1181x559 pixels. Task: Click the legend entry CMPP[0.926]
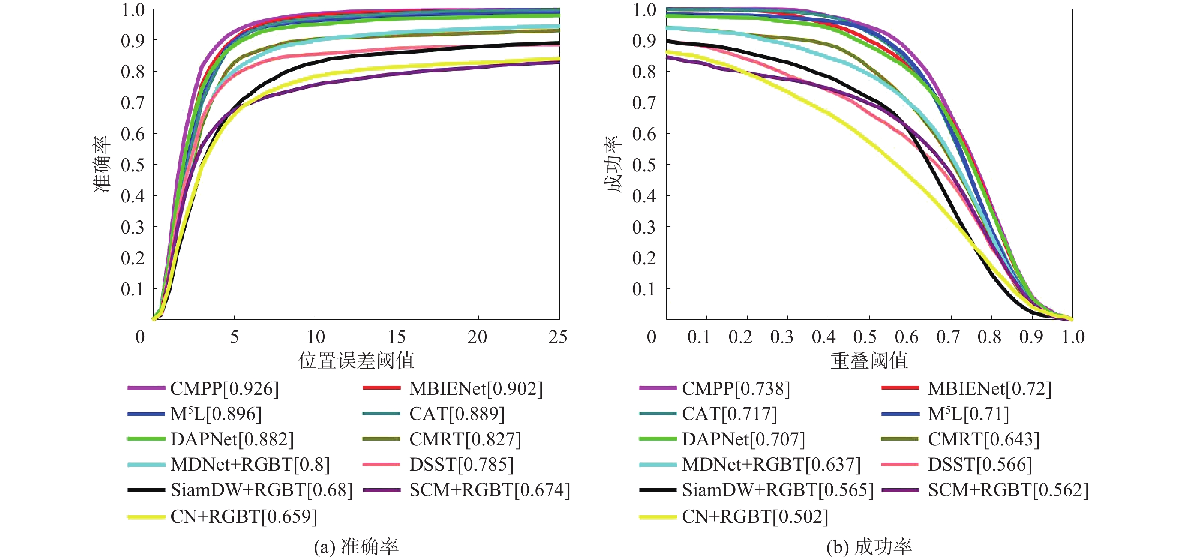[224, 389]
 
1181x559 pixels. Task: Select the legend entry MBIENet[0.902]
[476, 389]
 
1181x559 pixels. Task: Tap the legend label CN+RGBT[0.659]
[243, 516]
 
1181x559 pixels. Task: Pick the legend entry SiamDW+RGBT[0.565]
[778, 490]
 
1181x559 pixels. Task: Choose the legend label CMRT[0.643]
[983, 439]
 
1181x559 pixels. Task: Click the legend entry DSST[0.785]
[461, 465]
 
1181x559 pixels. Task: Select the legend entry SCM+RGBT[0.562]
[1008, 490]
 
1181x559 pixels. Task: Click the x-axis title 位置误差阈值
[356, 360]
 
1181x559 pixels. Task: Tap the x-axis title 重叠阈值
[869, 360]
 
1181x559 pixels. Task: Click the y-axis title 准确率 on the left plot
[102, 164]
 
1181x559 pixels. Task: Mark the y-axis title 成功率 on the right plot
[613, 164]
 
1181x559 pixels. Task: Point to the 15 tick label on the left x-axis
[397, 337]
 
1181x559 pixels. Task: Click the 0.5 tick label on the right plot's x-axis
[865, 337]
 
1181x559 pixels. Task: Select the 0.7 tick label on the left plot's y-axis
[132, 103]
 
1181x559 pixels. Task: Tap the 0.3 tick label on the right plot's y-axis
[644, 227]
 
